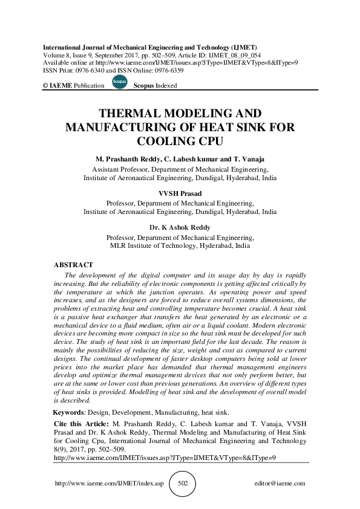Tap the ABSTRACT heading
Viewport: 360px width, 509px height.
(x=73, y=265)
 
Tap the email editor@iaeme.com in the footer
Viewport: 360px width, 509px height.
(x=280, y=484)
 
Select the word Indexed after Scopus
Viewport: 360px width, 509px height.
(x=165, y=86)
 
